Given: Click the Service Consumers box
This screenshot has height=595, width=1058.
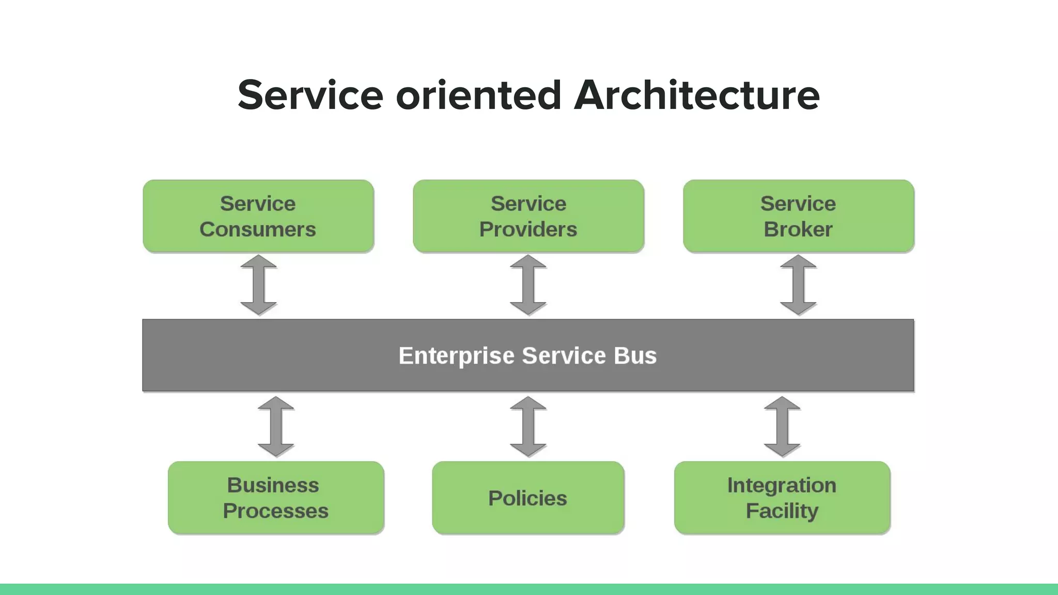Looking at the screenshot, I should coord(258,216).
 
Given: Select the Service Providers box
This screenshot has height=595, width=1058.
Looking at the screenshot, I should coord(528,216).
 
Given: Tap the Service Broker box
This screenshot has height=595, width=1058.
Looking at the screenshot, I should coord(798,216).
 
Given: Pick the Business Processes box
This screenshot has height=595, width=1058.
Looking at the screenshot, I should coord(276,497).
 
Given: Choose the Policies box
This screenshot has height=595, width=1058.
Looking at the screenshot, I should coord(528,497).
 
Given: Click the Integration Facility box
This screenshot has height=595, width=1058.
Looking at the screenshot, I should coord(782,497).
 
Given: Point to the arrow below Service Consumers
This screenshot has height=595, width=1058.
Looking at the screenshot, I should coord(259,285).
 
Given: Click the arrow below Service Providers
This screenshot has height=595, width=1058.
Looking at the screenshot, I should coord(528,285).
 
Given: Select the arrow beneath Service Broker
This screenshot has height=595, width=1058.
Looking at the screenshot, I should coord(798,285).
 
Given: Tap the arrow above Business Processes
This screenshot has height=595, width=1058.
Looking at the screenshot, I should coord(276,427).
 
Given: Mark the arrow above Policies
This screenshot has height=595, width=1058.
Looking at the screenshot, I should coord(528,427).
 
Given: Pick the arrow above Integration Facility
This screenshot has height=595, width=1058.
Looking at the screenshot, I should coord(782,427).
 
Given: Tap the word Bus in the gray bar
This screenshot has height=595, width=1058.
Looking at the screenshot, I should coord(635,356).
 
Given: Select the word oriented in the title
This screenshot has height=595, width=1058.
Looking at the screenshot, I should coord(478,95).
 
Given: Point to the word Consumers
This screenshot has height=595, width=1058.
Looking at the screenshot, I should coord(258,229).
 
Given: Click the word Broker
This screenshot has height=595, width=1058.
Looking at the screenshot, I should coord(798,229).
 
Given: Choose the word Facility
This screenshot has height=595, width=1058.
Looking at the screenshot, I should coord(782,511).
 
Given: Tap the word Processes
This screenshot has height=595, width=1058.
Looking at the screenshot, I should coord(276,511).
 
